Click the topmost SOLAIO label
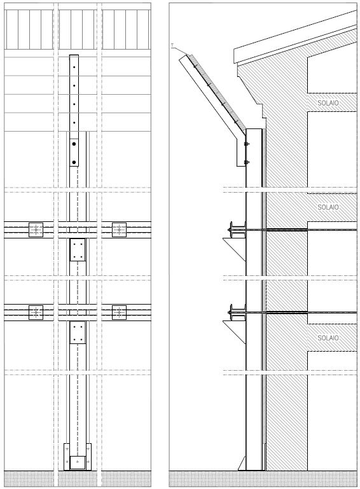click(x=328, y=102)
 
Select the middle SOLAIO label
click(x=328, y=207)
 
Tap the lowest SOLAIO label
click(x=328, y=338)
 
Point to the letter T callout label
click(x=172, y=46)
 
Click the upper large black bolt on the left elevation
click(x=74, y=144)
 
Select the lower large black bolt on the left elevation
click(x=74, y=162)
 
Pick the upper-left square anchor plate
click(x=36, y=230)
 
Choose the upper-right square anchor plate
click(x=119, y=230)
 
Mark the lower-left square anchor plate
click(x=36, y=312)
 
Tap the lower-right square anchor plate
click(x=119, y=312)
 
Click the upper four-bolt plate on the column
click(x=78, y=249)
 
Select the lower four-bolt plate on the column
click(x=78, y=333)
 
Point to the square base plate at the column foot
click(x=78, y=462)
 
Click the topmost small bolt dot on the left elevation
click(x=74, y=67)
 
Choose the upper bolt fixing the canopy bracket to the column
click(x=247, y=144)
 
